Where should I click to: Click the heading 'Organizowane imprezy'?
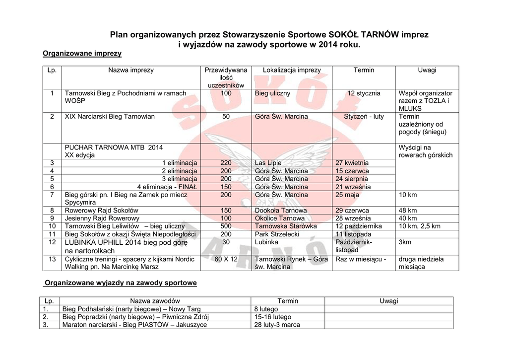click(82, 53)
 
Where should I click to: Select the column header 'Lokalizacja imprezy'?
click(292, 71)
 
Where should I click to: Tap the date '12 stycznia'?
click(364, 93)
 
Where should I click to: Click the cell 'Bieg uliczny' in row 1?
click(272, 93)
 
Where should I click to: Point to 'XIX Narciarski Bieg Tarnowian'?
click(110, 117)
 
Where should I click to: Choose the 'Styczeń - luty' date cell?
click(364, 117)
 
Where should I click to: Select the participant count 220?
click(226, 163)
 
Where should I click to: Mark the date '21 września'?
click(353, 187)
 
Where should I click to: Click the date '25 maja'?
click(347, 195)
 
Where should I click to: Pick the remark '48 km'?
click(407, 211)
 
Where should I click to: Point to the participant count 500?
click(226, 226)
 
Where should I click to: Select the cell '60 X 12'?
click(226, 259)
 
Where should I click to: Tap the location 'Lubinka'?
click(266, 242)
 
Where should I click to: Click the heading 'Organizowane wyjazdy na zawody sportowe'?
click(121, 283)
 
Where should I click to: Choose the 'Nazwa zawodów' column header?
click(155, 301)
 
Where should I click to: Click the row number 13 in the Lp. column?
click(52, 259)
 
